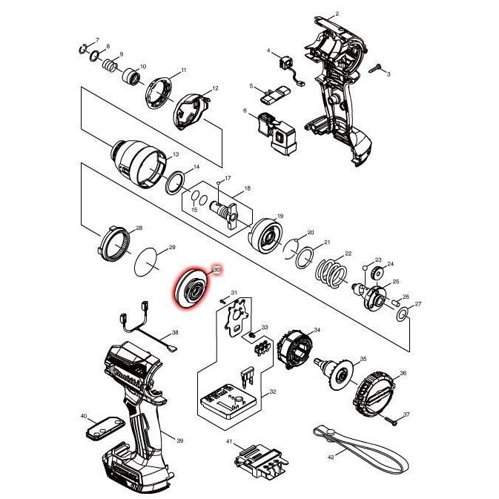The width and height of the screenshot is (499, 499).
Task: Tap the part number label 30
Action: point(217,271)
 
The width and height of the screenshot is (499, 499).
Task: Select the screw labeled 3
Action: point(377,67)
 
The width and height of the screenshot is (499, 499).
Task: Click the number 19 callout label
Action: point(280,217)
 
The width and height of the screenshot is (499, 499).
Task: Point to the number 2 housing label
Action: point(337,14)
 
